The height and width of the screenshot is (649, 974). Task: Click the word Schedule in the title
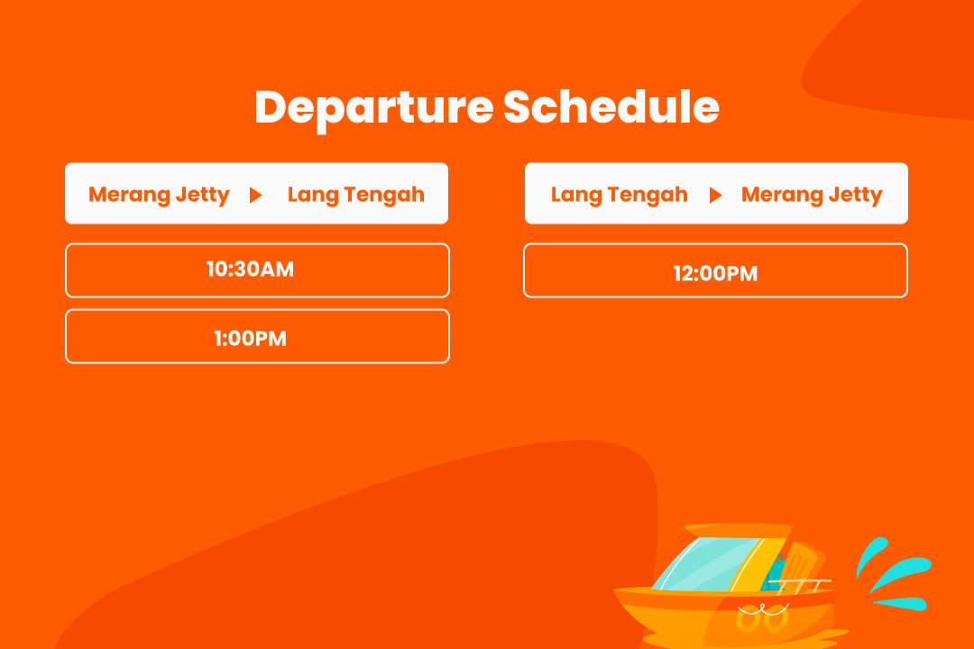pos(611,107)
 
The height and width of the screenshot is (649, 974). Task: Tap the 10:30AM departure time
pos(251,269)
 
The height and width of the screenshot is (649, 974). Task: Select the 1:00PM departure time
pos(251,339)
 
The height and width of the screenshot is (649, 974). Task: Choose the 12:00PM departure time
pos(715,273)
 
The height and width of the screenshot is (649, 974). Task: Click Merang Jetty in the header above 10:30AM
pos(159,195)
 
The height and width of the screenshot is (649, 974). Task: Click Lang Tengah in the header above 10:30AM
pos(356,195)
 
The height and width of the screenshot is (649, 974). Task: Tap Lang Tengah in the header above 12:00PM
pos(620,195)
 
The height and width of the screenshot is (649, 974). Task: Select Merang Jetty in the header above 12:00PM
pos(812,195)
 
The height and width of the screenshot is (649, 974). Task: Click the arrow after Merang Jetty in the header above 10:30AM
pos(255,195)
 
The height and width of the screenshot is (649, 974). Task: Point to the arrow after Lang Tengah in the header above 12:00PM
pos(715,195)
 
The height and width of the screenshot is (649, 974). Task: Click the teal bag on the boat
pos(776,572)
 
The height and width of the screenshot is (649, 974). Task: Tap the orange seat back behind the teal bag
pos(804,565)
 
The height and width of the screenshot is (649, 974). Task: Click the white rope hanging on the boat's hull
pos(764,609)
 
